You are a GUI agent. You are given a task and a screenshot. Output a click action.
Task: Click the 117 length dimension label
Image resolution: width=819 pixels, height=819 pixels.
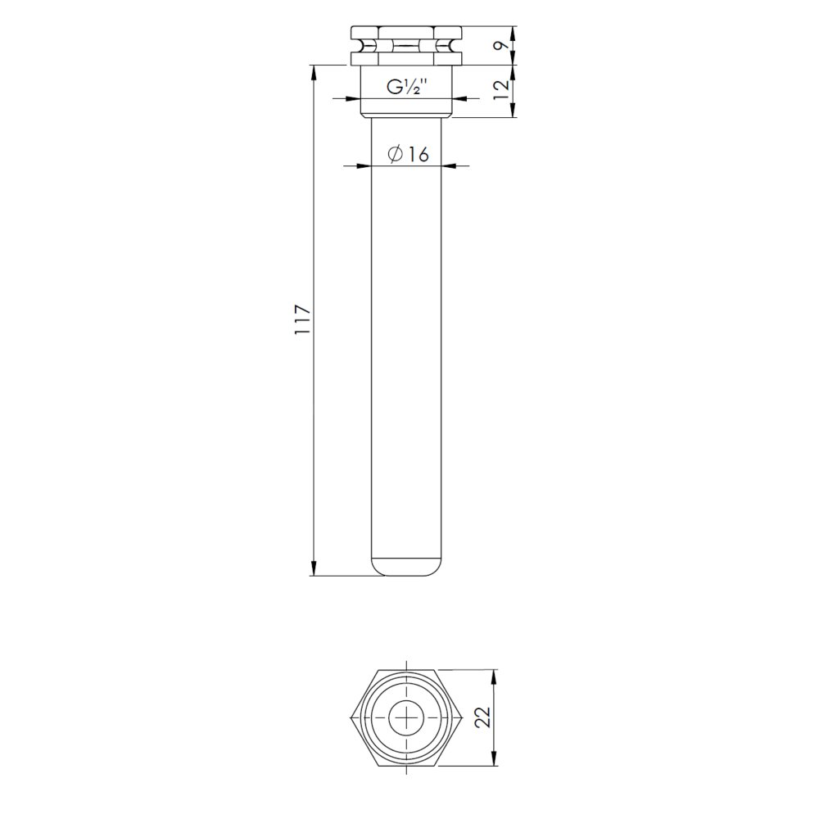pos(303,319)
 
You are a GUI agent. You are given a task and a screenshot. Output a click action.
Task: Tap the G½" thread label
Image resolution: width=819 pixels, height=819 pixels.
pos(407,87)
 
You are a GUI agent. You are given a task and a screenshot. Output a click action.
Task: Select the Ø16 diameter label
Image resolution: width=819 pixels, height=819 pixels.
pos(408,154)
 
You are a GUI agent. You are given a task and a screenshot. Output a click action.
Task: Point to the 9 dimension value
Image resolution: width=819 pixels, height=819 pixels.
pos(502,45)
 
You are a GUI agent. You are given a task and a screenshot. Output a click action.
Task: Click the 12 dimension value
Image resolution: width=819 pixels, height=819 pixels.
pos(501,90)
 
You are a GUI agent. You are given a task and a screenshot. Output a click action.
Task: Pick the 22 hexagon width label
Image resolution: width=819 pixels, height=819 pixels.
pos(482,717)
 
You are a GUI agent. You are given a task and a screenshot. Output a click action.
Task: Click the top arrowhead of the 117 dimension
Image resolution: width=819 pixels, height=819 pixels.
pos(314,72)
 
